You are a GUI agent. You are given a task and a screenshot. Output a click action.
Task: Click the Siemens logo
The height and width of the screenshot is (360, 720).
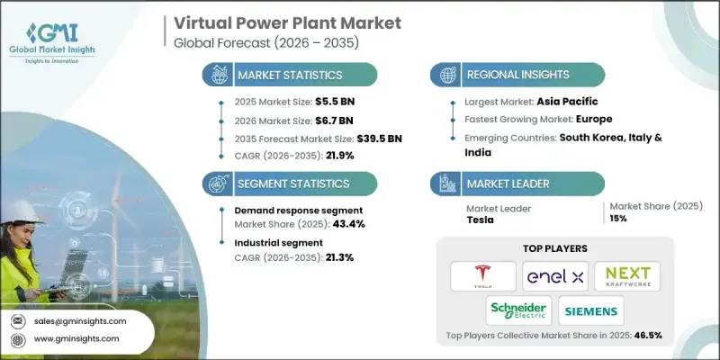[x=590, y=311]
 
